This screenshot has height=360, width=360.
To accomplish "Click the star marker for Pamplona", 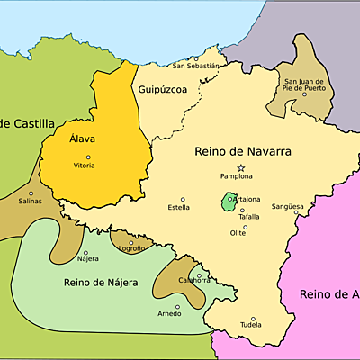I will [x=240, y=168].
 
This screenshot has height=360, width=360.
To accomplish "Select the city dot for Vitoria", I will [x=87, y=157].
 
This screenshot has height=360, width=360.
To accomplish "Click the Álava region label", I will [x=86, y=139].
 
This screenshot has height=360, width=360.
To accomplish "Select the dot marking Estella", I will [x=183, y=199].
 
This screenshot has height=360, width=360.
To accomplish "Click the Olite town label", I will [x=238, y=232].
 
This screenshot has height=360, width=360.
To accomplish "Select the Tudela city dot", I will [x=253, y=319].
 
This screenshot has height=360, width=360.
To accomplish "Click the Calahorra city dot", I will [x=198, y=274].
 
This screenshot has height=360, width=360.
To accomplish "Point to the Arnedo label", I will [x=169, y=313].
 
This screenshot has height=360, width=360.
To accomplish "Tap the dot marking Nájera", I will [x=85, y=253].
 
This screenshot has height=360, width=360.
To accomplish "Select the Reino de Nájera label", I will [x=101, y=283].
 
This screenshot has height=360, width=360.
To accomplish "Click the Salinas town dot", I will [x=31, y=193].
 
